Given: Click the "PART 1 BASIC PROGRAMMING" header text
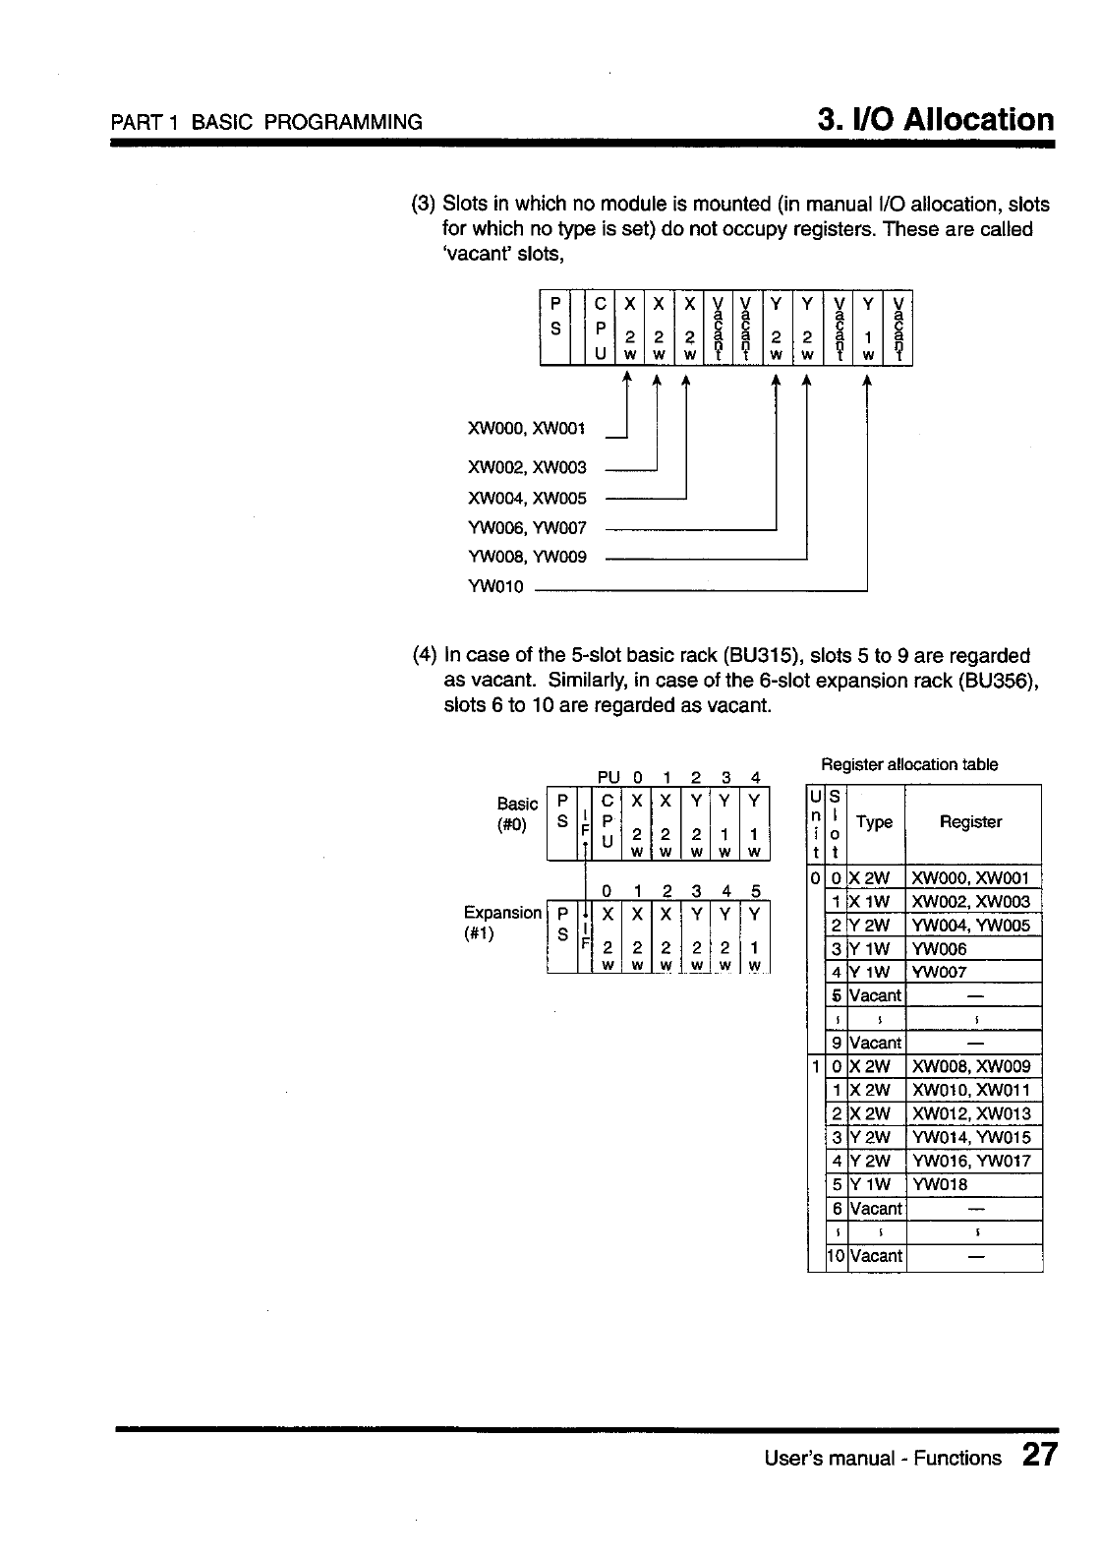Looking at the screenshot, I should pos(266,123).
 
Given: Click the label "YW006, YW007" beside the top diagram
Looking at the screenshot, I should pos(527,529).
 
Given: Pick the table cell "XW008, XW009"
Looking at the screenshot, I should pos(971,1066).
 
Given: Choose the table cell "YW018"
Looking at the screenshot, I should pos(941,1184).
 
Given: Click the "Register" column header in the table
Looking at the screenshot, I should pos(970,822).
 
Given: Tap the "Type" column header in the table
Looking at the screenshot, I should pos(875,822).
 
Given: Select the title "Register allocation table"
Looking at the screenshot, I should pos(909,764).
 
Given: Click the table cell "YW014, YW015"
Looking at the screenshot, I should pos(971,1137).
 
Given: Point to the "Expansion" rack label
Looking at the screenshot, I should pos(502,913).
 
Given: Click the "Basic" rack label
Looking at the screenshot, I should pos(518,804).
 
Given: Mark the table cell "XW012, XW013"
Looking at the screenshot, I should pos(971,1113).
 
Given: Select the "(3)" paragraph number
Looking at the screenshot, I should pos(423,205).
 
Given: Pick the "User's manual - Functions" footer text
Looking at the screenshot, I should pos(883,1458).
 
